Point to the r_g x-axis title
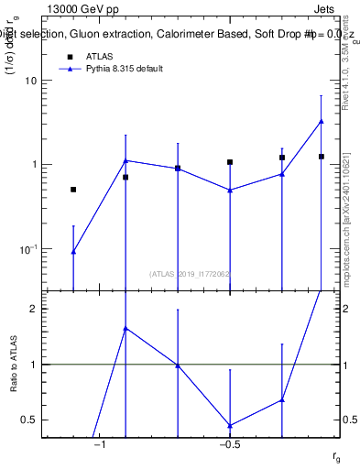[x=337, y=455]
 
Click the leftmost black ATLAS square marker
[x=73, y=190]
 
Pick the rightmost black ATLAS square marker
[x=322, y=157]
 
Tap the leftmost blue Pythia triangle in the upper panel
[x=73, y=251]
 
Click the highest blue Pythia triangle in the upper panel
[x=322, y=121]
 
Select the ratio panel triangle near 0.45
[x=230, y=425]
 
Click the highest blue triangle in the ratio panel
[x=125, y=328]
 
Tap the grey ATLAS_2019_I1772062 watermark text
[x=191, y=273]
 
